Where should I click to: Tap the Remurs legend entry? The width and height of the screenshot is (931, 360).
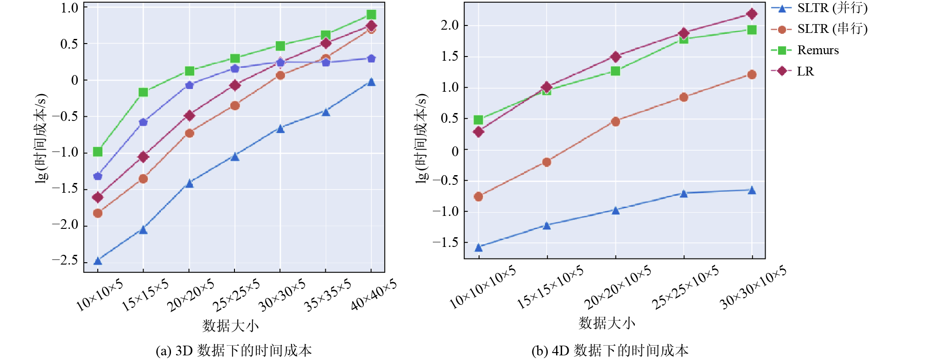805,50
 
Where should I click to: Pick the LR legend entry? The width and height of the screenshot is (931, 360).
792,71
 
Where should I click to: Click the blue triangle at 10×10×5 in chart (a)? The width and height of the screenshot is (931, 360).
98,261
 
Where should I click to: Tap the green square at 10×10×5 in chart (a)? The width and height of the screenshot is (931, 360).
98,152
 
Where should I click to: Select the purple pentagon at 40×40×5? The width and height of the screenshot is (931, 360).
371,58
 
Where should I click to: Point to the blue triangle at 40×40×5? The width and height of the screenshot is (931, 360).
371,82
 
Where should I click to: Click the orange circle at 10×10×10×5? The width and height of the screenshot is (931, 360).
479,196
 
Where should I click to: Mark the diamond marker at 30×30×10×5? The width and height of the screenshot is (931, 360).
752,14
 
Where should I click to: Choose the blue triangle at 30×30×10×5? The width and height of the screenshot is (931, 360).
752,190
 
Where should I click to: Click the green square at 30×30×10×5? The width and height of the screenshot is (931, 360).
752,30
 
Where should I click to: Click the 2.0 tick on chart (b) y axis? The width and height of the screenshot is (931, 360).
450,25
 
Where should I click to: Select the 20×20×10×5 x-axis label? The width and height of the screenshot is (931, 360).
617,287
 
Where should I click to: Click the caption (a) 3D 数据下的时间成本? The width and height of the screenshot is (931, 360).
234,351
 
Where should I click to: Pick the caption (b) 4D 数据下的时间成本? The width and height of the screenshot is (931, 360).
610,351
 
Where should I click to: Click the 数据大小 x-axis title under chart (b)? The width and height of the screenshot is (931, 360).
607,323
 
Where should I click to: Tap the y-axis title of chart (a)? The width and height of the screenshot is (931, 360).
42,139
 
